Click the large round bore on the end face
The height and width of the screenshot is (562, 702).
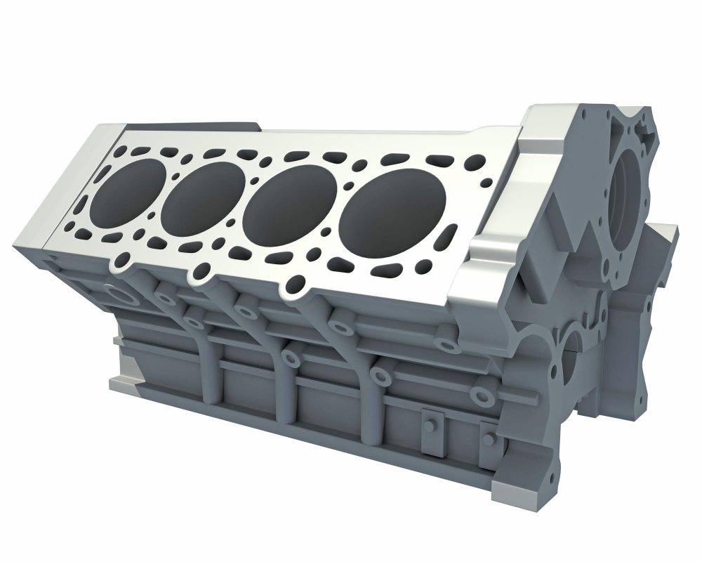click(x=626, y=198)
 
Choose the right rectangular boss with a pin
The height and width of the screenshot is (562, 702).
click(x=489, y=442)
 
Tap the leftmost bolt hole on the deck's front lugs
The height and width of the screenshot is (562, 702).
click(x=124, y=261)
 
